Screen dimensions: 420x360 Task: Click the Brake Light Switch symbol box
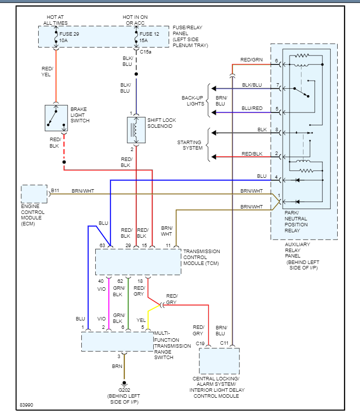coord(56,118)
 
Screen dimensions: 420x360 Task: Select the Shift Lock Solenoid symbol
coord(136,130)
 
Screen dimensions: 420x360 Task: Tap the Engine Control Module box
coord(34,194)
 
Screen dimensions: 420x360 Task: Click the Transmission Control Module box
coord(138,262)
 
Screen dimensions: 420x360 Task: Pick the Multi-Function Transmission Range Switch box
coord(118,341)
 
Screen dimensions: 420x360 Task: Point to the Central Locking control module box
coord(219,361)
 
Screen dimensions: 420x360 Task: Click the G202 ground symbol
coord(124,383)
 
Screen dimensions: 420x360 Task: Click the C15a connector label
coord(146,52)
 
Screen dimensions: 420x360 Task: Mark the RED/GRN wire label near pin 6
coord(251,60)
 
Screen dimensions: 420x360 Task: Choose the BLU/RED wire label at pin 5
coord(252,108)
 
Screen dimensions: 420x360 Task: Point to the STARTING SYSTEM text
coord(190,145)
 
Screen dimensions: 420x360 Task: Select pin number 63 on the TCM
coord(102,245)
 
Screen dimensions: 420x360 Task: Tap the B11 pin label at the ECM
coord(55,190)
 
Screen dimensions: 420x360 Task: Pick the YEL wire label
coord(141,320)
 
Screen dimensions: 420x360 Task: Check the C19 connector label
coord(200,343)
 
